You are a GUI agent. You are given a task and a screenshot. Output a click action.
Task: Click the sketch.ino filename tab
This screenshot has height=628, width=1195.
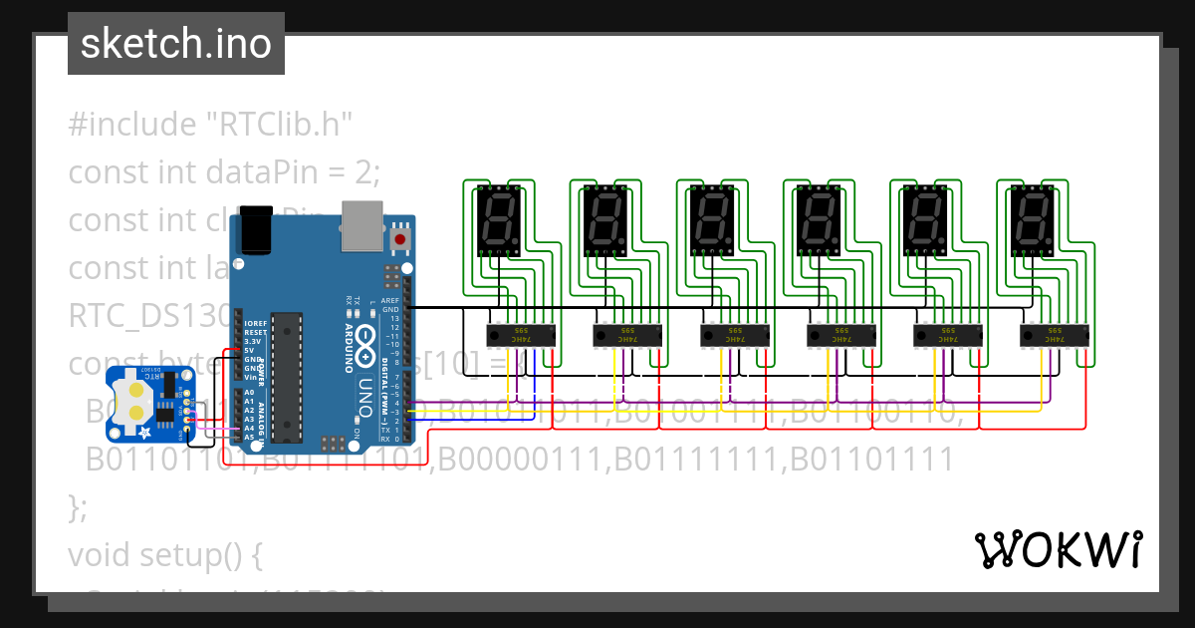click(x=175, y=44)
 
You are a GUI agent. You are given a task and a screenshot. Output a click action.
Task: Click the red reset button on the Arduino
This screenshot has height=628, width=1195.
click(x=400, y=239)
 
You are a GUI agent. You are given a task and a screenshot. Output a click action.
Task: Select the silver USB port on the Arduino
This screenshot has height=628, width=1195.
click(x=359, y=224)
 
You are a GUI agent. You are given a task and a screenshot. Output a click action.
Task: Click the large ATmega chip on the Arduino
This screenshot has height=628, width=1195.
click(x=287, y=377)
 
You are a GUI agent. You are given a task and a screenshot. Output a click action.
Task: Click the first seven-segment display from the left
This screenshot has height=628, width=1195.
click(x=498, y=221)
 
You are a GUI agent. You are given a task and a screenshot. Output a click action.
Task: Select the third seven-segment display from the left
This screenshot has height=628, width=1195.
click(x=711, y=221)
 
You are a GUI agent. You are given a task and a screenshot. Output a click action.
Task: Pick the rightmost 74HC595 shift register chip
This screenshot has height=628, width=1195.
click(x=1055, y=335)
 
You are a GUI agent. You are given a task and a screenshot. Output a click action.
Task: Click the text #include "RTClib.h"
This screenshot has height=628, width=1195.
click(x=211, y=125)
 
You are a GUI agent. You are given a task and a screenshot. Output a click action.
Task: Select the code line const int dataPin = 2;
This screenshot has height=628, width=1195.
click(x=224, y=172)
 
